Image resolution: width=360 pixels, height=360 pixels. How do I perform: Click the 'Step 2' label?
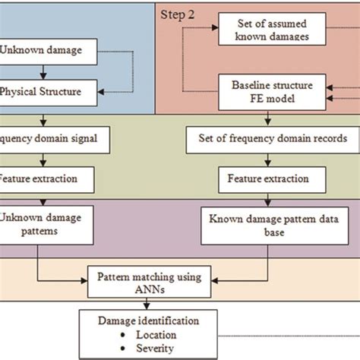click(x=178, y=14)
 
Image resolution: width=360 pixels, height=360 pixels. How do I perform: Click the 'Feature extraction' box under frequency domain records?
click(x=263, y=179)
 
